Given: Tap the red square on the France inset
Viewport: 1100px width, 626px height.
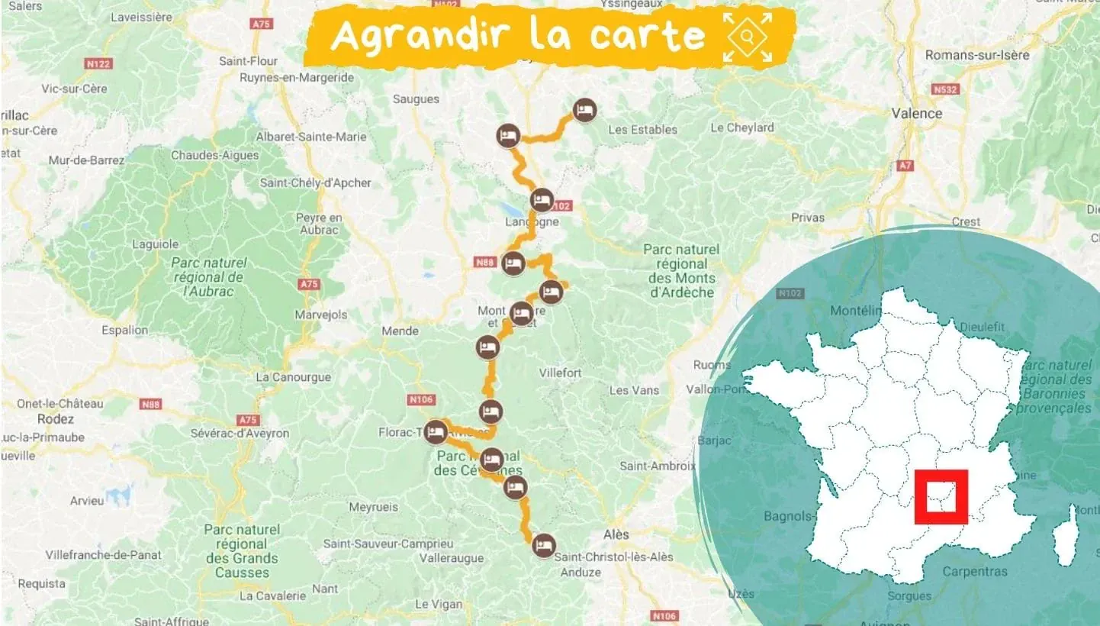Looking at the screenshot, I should tap(941, 497).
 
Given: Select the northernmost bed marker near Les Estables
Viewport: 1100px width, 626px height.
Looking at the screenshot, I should tap(584, 110).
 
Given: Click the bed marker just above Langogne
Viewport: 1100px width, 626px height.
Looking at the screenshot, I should tap(542, 201).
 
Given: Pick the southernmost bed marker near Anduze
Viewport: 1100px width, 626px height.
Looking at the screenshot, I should tap(542, 544).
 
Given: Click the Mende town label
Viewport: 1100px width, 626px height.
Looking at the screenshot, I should tap(400, 331).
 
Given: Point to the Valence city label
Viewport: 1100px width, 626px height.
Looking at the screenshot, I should tap(917, 113).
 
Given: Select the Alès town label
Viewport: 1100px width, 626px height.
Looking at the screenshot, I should tap(616, 534).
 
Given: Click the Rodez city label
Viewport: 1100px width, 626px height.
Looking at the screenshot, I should tap(56, 419).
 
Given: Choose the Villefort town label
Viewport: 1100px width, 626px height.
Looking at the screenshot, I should tap(560, 373).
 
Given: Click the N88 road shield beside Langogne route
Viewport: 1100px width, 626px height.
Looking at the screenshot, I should tap(485, 263).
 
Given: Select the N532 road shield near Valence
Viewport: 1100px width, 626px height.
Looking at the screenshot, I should tap(944, 89).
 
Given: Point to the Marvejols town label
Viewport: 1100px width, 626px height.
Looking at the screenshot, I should tap(321, 315).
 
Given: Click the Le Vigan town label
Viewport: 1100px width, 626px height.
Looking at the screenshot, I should tap(438, 604).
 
